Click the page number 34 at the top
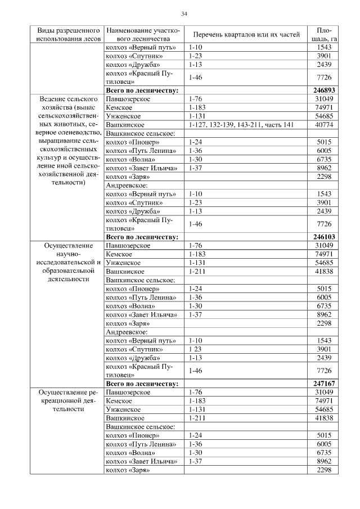184,13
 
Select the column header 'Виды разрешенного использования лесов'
69,34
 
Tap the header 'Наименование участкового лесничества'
143,34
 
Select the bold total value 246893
324,90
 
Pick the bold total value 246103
324,237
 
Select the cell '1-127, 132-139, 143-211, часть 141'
241,124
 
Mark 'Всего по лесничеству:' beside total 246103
142,237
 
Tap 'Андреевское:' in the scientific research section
127,332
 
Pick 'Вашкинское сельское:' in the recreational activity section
140,426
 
